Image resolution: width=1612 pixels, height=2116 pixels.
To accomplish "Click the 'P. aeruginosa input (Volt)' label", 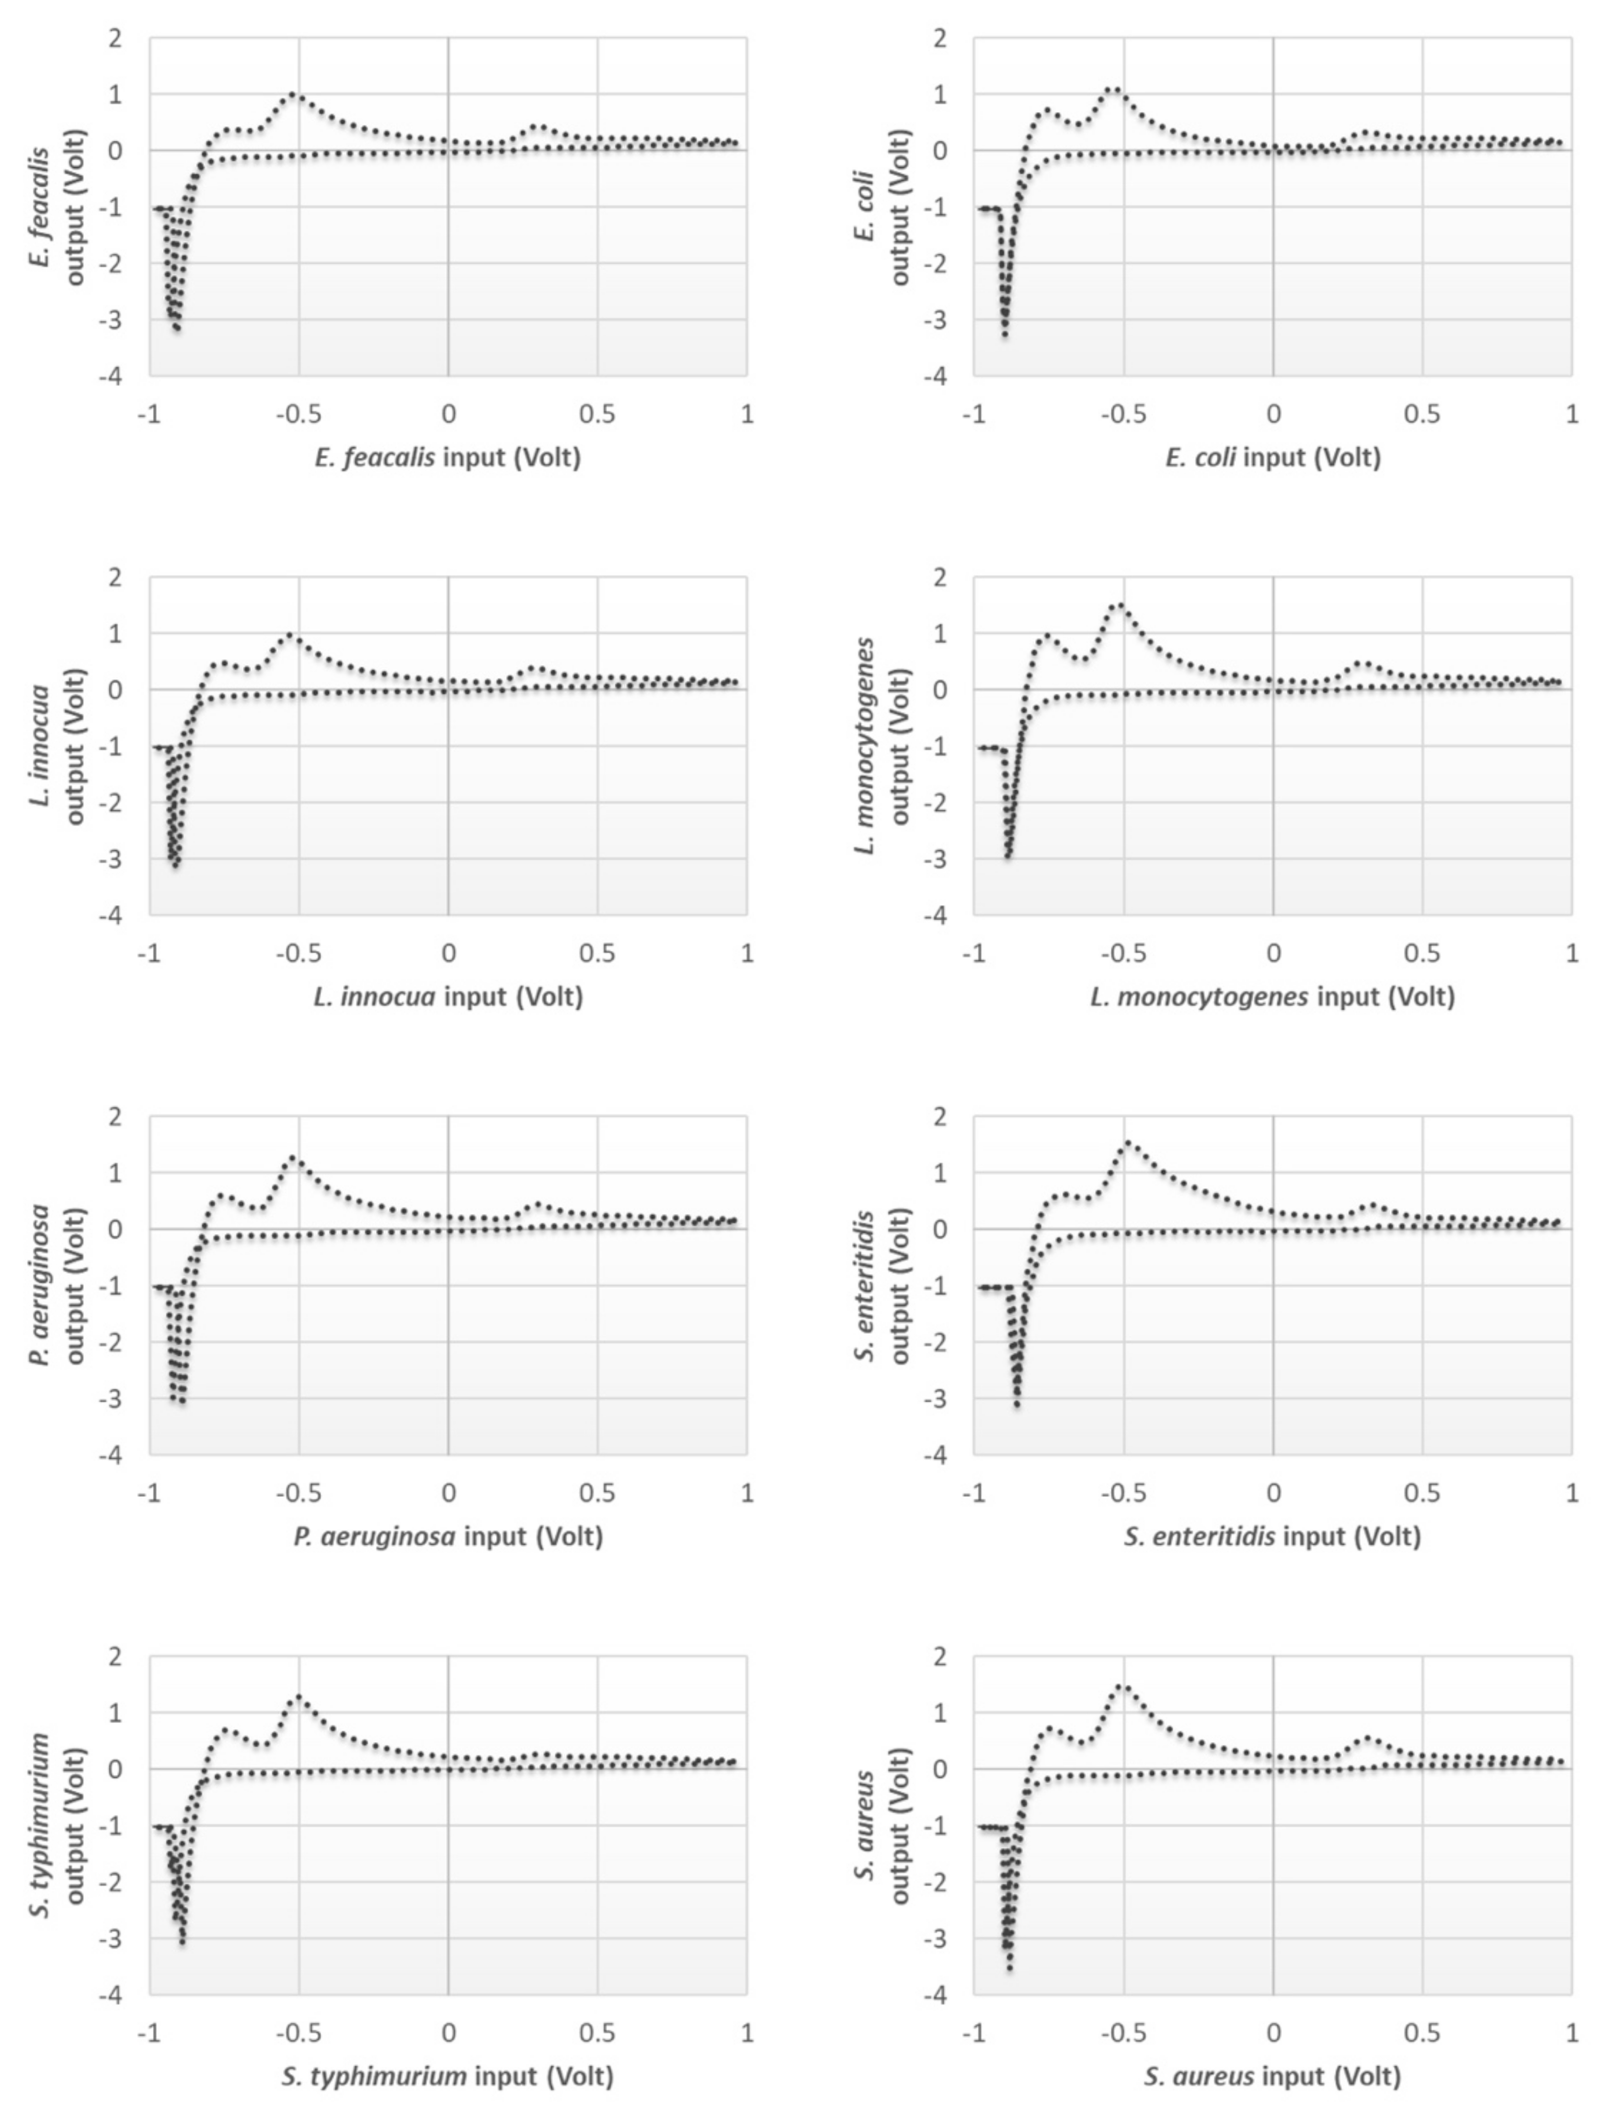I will (x=448, y=1536).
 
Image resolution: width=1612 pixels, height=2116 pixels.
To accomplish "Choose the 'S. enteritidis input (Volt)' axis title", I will (x=1273, y=1536).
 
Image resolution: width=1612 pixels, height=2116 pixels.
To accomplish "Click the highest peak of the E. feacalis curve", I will (x=293, y=94).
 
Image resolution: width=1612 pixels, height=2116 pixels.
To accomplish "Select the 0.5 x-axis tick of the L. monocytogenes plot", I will (x=1422, y=953).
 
